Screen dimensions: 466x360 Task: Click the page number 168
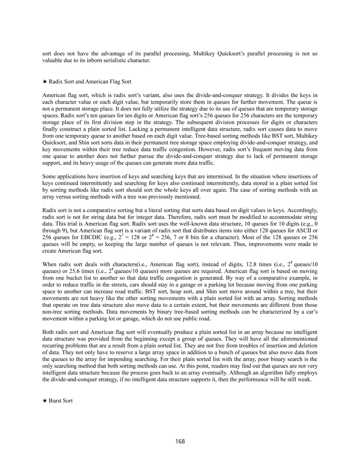coord(180,441)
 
